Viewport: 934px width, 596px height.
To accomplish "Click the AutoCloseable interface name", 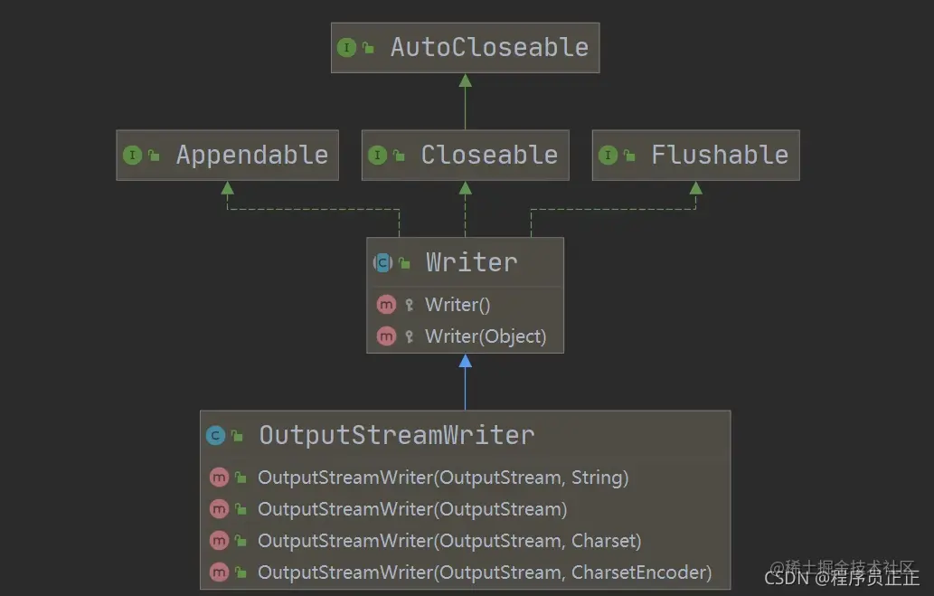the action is pos(489,48).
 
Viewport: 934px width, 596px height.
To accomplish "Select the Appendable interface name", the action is pos(252,156).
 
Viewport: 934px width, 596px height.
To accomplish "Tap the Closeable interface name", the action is pos(489,155).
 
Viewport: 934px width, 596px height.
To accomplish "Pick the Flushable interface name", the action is pos(720,155).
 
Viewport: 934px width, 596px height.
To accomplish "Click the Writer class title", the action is pos(471,262).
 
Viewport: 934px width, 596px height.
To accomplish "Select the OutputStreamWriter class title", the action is pos(397,435).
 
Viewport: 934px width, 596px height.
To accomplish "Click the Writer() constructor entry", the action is pos(458,305).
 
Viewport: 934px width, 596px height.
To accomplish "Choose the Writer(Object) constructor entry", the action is pos(486,336).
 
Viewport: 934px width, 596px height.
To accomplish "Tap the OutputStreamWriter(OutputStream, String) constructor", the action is pos(443,478).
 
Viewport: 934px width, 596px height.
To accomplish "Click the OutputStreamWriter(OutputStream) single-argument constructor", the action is pos(412,509).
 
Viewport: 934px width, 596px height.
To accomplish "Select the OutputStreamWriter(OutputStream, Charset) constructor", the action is pos(449,541).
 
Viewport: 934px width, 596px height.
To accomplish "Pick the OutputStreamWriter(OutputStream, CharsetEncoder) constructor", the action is pos(485,572).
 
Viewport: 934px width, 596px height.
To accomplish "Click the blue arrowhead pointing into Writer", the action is pos(466,361).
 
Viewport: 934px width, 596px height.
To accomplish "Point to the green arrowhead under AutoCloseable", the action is pos(466,80).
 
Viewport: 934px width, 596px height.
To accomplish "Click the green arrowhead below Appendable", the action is pos(228,188).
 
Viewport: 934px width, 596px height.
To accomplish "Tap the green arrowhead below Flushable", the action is pos(695,188).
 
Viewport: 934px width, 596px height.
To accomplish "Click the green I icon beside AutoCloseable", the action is pos(346,48).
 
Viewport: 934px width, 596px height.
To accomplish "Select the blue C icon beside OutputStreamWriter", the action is pos(215,436).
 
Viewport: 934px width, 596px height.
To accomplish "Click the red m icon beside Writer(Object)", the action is pos(386,336).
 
